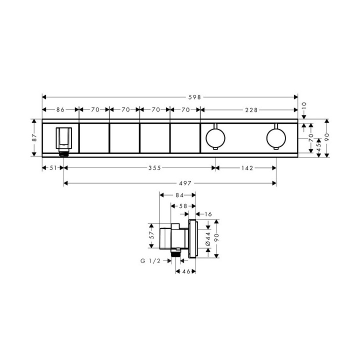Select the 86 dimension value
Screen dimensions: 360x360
tap(60, 109)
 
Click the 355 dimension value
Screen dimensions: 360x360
tap(154, 168)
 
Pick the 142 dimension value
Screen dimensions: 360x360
tap(245, 168)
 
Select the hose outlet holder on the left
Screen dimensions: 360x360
tap(63, 139)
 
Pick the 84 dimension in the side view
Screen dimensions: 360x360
tap(177, 195)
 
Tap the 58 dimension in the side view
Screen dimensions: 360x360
tap(183, 205)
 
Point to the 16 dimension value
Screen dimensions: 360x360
tap(208, 214)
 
